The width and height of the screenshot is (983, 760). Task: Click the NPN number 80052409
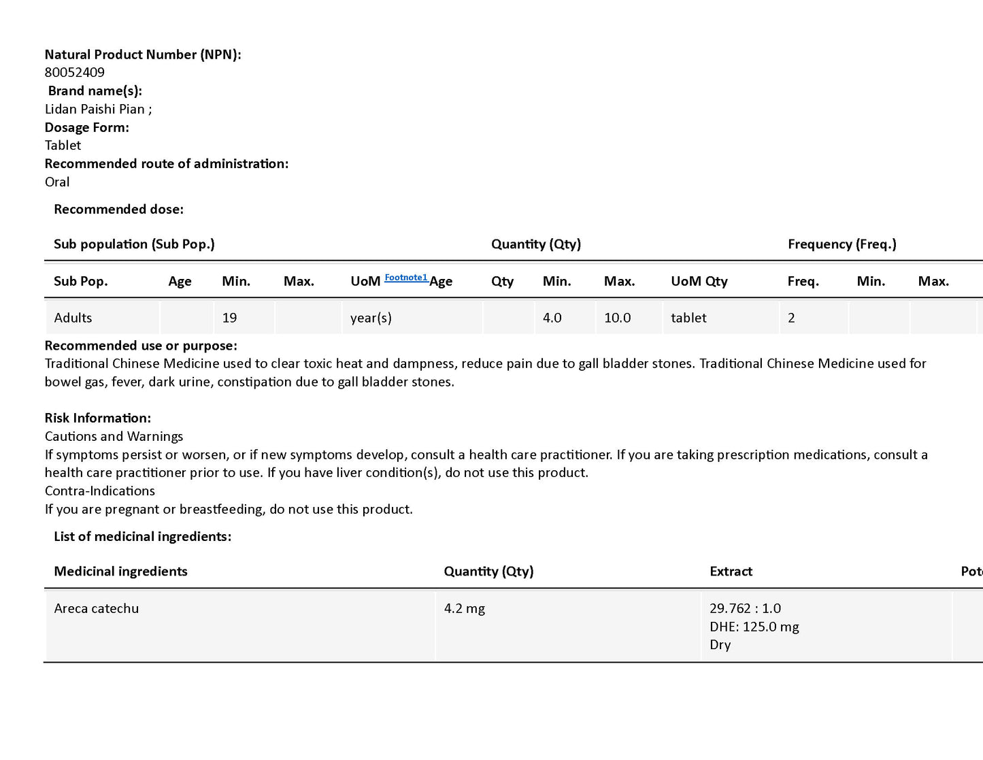[74, 73]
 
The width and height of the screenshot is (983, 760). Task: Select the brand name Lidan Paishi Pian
[95, 110]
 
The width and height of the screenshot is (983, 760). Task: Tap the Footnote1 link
[405, 278]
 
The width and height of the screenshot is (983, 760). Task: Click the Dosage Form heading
[86, 127]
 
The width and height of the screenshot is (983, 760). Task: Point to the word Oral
[57, 182]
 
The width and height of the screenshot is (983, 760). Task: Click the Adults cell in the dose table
[73, 318]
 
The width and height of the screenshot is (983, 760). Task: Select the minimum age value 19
[229, 318]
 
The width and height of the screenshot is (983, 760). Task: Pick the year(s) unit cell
[371, 318]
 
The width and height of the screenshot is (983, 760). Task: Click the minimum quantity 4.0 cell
[552, 318]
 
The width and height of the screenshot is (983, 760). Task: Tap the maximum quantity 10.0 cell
[617, 318]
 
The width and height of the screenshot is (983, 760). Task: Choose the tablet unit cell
[688, 318]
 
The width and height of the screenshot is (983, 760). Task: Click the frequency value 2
[791, 318]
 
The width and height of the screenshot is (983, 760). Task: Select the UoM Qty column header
[699, 282]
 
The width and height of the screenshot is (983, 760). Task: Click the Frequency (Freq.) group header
[842, 244]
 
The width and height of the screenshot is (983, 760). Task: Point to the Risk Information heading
[97, 418]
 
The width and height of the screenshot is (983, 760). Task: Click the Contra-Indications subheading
[99, 491]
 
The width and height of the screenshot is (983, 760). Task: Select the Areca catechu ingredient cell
[96, 609]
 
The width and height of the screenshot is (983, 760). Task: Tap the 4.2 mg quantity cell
[464, 609]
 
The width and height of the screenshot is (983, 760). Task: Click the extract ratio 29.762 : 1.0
[745, 609]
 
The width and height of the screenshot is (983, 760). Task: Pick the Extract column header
[731, 572]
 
